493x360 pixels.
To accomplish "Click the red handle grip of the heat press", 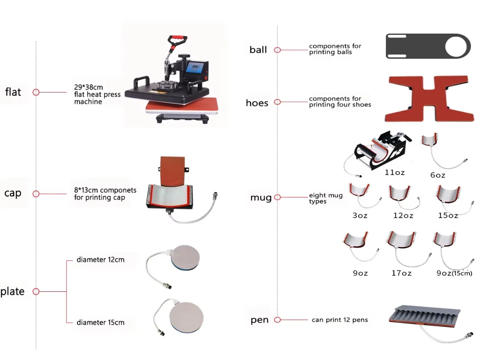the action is pos(178,39).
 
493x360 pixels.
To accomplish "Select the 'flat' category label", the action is pos(13,92).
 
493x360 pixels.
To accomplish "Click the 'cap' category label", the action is pos(13,193).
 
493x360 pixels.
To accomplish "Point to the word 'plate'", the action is pos(13,291).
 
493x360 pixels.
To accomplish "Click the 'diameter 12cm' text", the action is pos(100,260).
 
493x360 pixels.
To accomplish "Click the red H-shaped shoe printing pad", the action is pos(429,98).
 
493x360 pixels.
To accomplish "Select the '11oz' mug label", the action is pos(395,172).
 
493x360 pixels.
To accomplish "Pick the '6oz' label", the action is pos(438,175).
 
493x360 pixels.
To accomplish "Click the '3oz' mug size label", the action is pos(360,215).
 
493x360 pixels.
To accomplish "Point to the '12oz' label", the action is pos(403,215).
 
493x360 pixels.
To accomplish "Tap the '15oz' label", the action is pos(448,215).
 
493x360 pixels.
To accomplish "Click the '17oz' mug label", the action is pos(401,273).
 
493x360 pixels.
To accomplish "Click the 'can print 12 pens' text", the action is pos(339,320).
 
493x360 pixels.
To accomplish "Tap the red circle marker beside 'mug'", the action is pos(277,198).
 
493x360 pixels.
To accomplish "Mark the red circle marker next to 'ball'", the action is pos(277,50).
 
